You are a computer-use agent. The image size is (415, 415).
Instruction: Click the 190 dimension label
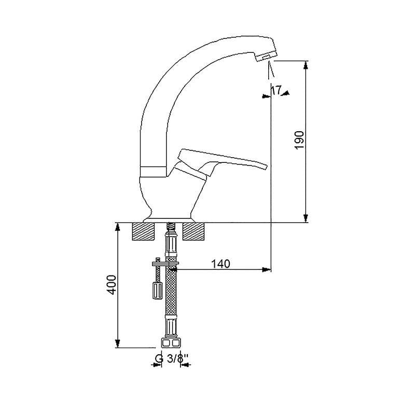pos(300,140)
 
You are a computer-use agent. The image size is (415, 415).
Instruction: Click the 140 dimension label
pos(220,264)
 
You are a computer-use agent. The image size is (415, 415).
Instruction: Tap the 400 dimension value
pos(112,285)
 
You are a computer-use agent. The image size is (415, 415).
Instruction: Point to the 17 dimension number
pos(276,90)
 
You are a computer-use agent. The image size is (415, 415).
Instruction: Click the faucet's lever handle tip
pos(266,166)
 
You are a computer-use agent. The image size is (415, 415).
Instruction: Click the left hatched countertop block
pos(143,231)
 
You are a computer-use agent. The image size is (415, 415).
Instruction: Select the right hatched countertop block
pos(193,231)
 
